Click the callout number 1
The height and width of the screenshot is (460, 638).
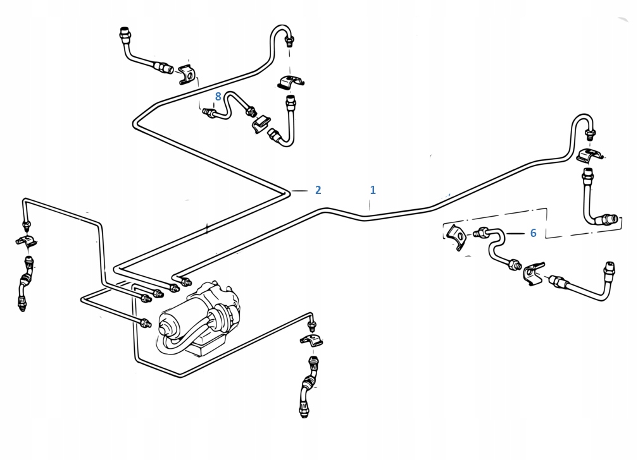(373, 190)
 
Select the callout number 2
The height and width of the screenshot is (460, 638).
(318, 190)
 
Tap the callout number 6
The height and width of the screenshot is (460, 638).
(533, 233)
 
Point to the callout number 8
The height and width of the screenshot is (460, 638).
(218, 97)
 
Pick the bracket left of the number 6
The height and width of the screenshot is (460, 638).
(456, 238)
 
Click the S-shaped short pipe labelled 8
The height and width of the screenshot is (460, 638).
(229, 106)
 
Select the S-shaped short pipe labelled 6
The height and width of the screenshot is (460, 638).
(496, 247)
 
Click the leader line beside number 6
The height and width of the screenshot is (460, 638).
(515, 234)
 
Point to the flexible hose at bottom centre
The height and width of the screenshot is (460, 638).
(309, 386)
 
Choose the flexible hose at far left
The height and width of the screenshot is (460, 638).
(25, 283)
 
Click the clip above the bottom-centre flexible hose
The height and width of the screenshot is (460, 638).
(311, 340)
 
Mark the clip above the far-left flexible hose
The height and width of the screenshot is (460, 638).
(26, 240)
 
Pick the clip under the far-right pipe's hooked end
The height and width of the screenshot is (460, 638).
(590, 155)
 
